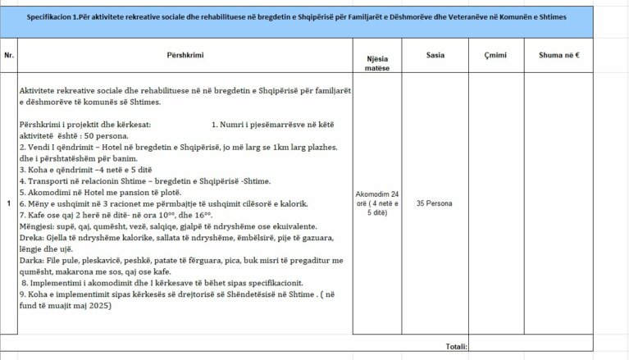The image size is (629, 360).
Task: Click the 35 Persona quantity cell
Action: [435, 203]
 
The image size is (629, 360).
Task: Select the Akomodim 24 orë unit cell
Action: [380, 203]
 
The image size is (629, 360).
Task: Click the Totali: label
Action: [456, 347]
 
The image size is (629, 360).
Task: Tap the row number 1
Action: [8, 203]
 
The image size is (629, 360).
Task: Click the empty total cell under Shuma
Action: [559, 347]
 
